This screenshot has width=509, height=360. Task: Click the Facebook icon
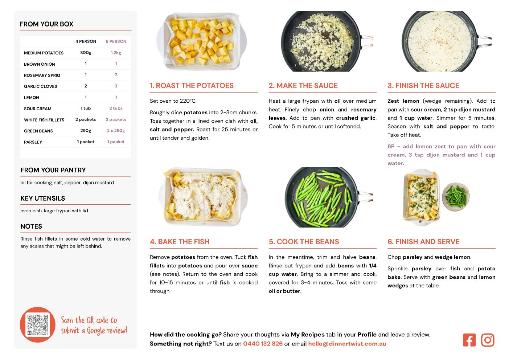tap(469, 340)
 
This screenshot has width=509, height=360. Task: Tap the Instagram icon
tap(488, 340)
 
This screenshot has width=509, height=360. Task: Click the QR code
tap(38, 324)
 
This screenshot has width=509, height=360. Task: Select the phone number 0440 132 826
tap(263, 344)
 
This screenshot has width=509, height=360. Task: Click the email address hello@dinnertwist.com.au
tap(347, 344)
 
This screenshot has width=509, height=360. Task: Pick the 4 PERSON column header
tap(86, 41)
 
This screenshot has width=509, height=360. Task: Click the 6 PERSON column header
tap(116, 41)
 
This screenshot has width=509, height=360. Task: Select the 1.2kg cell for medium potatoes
tap(116, 53)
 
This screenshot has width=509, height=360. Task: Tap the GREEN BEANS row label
tap(38, 131)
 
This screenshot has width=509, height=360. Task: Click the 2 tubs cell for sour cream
tap(116, 109)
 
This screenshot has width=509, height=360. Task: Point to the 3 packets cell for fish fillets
tap(116, 119)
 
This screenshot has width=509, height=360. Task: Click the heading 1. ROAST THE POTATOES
tap(192, 85)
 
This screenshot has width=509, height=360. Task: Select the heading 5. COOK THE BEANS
tap(304, 242)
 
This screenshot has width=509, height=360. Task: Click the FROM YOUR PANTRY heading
tap(53, 170)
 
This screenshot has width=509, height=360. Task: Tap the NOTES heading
tap(31, 226)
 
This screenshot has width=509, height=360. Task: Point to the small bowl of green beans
tap(456, 197)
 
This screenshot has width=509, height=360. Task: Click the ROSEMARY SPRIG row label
tap(42, 75)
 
